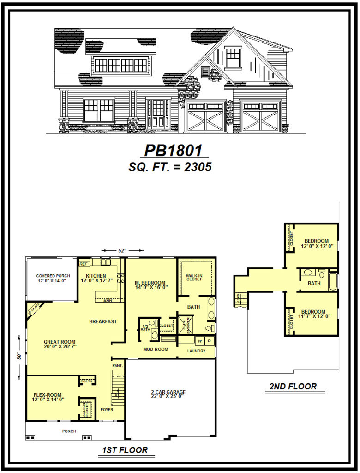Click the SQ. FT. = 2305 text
pos(170,167)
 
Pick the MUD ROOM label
pos(156,349)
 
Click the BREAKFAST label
pos(102,321)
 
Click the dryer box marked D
pos(209,341)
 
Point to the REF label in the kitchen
pos(84,264)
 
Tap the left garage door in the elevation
pos(205,117)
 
